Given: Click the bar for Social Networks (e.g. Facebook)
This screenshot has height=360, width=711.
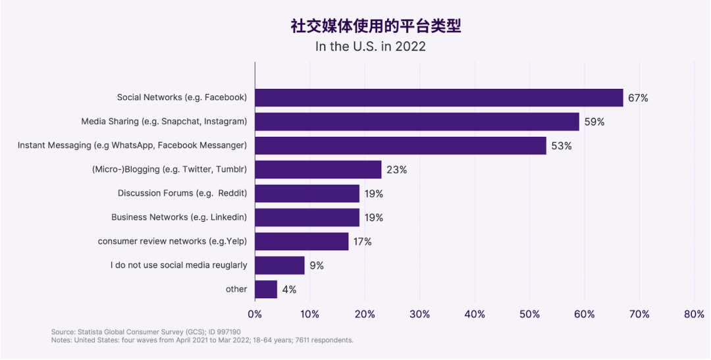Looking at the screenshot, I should click(x=438, y=97).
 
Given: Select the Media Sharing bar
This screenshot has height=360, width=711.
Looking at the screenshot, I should click(x=417, y=122).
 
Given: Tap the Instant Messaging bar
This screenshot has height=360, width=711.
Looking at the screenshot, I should click(x=400, y=145).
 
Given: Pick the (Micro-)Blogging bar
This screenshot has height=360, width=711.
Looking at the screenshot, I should click(x=318, y=170).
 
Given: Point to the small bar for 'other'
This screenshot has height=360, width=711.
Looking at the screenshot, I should click(x=266, y=290).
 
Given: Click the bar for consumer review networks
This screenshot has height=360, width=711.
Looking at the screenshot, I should click(x=302, y=242).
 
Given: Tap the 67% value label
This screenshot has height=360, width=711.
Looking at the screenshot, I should click(x=638, y=98).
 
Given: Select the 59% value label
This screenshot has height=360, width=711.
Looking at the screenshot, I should click(x=594, y=122).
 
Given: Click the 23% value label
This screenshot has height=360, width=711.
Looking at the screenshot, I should click(x=396, y=170).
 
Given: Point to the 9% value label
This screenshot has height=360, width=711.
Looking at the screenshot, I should click(x=317, y=266).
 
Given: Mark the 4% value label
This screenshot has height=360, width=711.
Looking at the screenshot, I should click(x=289, y=290).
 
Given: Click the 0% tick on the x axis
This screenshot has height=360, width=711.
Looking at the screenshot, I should click(x=255, y=315).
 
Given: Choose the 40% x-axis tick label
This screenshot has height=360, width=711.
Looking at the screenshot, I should click(x=475, y=315).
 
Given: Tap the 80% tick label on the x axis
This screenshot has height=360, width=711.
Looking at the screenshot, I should click(x=694, y=315).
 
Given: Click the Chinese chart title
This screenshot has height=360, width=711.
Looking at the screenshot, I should click(x=376, y=26).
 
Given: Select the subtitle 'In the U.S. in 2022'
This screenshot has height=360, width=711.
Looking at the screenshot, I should click(x=370, y=47).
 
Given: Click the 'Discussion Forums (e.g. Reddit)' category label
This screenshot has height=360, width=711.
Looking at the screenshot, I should click(x=182, y=193).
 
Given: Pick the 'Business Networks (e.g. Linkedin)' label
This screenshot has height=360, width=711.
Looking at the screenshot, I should click(x=179, y=217).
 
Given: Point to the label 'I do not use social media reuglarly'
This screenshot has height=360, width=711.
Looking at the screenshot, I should click(x=178, y=265).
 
